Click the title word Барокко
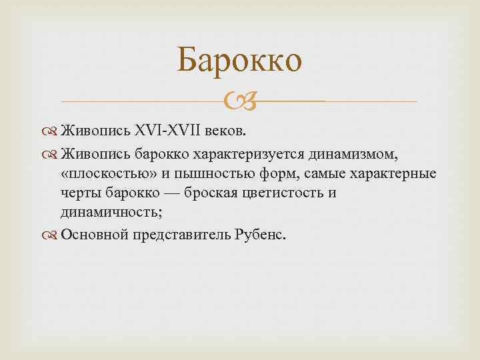[x=240, y=61]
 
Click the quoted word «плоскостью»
[x=103, y=174]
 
